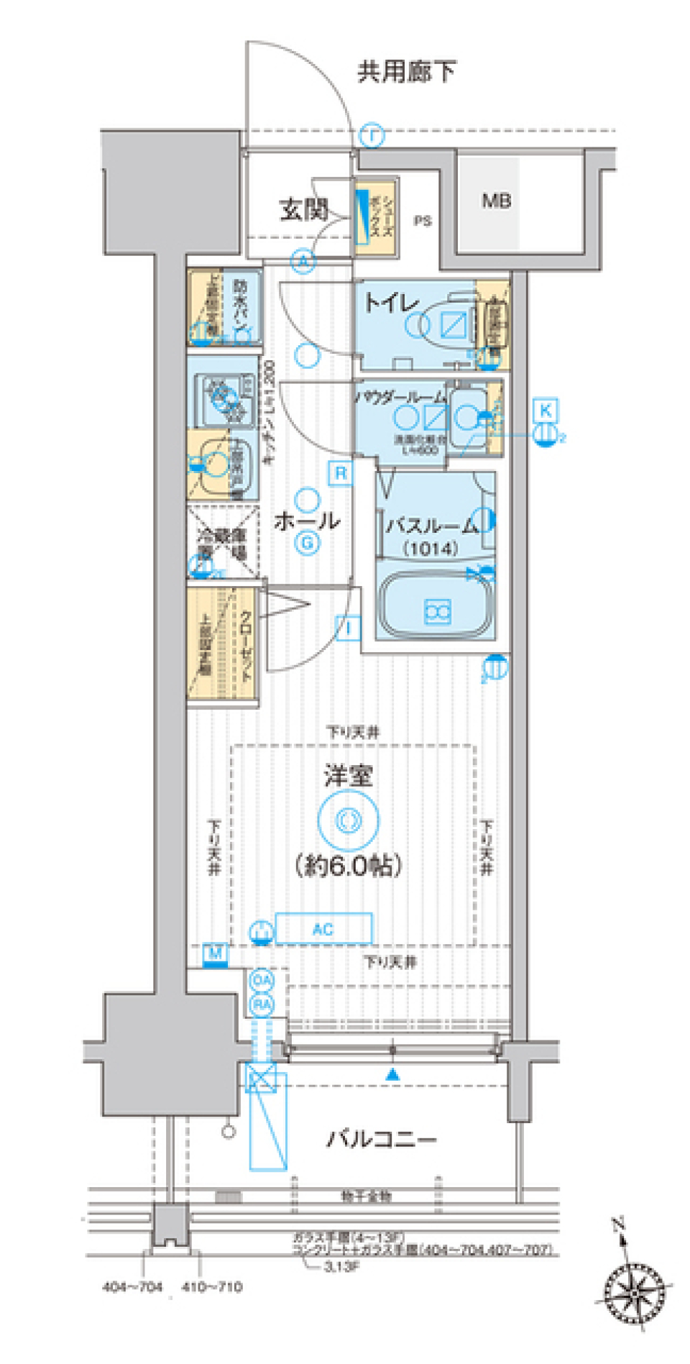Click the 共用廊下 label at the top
[x=406, y=71]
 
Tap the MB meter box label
[x=496, y=201]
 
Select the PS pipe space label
[x=423, y=221]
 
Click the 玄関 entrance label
[x=304, y=210]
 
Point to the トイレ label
[x=390, y=302]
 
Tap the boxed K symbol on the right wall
[x=546, y=411]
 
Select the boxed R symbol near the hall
[x=341, y=473]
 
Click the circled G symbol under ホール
[x=307, y=543]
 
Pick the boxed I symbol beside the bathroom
[x=348, y=629]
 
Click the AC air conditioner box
[x=323, y=929]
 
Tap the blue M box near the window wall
[x=215, y=954]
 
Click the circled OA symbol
[x=262, y=981]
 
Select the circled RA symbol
[x=262, y=1004]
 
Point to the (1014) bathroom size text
[x=430, y=549]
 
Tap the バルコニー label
[x=381, y=1139]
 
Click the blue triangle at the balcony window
[x=392, y=1076]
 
